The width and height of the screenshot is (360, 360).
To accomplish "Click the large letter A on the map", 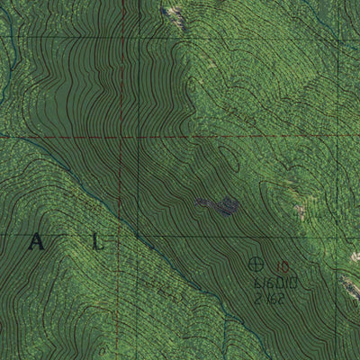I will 37,241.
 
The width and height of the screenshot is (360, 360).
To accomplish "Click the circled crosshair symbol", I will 256,264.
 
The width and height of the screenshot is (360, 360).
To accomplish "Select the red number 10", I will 283,266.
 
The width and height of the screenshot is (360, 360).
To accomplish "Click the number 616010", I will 275,283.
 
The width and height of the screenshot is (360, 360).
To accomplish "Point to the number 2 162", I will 269,298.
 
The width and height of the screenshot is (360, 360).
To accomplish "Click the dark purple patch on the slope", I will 219,206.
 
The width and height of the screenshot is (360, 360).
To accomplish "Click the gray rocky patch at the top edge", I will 175,13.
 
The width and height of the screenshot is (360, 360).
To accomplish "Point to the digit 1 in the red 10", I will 280,266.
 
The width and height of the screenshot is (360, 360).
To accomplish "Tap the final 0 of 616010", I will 294,283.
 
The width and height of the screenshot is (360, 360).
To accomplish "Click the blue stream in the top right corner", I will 346,13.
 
